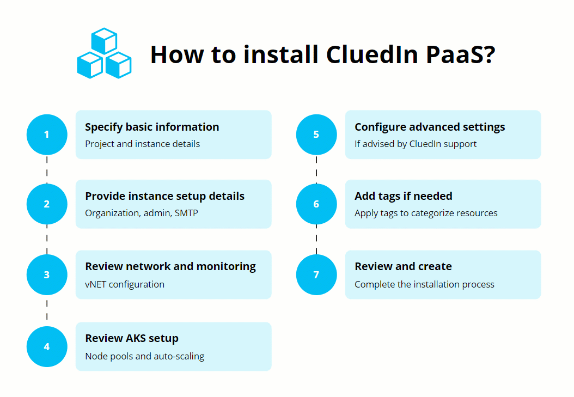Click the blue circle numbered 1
click(x=47, y=135)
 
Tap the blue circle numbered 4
click(x=47, y=346)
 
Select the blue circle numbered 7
click(x=316, y=274)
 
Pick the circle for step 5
click(x=316, y=135)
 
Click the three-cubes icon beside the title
click(x=104, y=53)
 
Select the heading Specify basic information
click(x=152, y=127)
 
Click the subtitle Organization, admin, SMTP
click(x=142, y=213)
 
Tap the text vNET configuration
click(x=125, y=284)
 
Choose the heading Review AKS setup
click(x=132, y=338)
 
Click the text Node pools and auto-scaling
click(x=145, y=356)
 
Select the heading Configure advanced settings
click(x=430, y=127)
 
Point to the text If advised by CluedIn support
click(x=416, y=144)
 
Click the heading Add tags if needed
click(x=403, y=196)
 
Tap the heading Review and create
click(x=403, y=266)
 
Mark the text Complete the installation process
click(x=424, y=284)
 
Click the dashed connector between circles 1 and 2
click(x=47, y=169)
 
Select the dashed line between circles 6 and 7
click(x=316, y=240)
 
